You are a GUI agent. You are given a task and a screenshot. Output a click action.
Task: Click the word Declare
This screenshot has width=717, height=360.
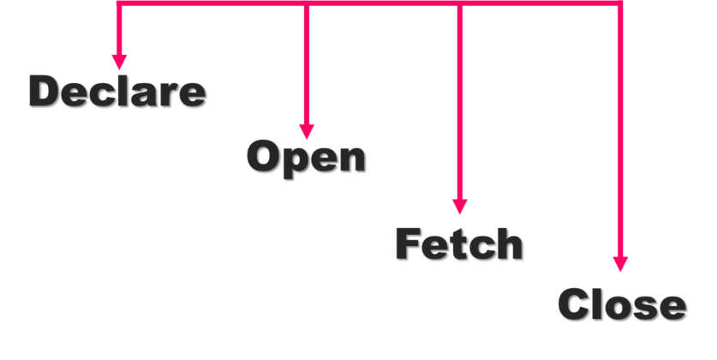pyautogui.click(x=117, y=91)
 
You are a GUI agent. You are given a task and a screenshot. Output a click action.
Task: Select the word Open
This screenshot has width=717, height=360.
pyautogui.click(x=305, y=157)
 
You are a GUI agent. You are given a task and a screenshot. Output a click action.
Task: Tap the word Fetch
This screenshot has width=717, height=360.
pyautogui.click(x=458, y=244)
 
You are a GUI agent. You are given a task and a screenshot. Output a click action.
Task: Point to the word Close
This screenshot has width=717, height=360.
pyautogui.click(x=621, y=305)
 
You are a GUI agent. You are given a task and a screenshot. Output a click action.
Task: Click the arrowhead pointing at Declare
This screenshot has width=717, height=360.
pyautogui.click(x=119, y=62)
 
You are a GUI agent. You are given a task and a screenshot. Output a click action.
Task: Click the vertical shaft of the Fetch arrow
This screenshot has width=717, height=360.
pyautogui.click(x=459, y=103)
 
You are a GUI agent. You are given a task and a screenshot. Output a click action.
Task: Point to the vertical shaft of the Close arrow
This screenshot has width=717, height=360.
pyautogui.click(x=620, y=129)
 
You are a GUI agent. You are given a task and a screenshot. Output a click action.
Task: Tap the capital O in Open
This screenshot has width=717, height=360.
pyautogui.click(x=265, y=156)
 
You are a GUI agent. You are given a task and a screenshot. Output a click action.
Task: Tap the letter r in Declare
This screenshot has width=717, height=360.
pyautogui.click(x=170, y=93)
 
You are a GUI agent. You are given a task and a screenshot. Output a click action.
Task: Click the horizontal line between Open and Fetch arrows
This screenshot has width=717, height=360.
pyautogui.click(x=382, y=4)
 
